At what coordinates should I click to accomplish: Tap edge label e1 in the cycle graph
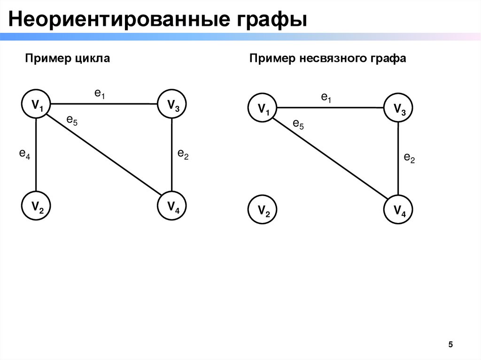click(100, 94)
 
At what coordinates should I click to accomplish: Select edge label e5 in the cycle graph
click(72, 121)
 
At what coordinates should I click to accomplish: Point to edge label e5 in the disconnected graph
click(298, 124)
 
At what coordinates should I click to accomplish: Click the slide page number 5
click(450, 345)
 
